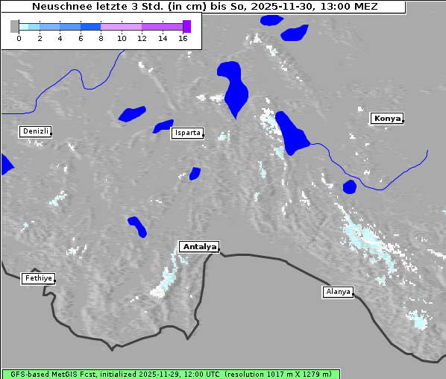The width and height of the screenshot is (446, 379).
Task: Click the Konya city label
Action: point(387,119)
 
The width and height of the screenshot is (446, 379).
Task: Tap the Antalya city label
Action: point(199,247)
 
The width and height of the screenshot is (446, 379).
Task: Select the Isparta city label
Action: point(186,134)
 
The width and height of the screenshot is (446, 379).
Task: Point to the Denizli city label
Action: point(35,131)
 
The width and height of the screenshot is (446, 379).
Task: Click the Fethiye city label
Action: point(37,278)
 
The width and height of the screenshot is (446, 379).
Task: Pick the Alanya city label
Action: point(337,292)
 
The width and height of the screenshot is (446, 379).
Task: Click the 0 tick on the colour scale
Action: point(19,38)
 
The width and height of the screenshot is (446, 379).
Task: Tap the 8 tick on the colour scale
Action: point(101,38)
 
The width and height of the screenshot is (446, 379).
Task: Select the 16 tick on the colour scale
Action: point(183,38)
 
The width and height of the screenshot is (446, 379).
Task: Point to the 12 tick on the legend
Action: point(142,38)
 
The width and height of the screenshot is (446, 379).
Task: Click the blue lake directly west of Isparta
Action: point(163,126)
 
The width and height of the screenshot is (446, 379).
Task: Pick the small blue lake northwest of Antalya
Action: point(137,226)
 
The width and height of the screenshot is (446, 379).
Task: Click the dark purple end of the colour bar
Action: point(186,26)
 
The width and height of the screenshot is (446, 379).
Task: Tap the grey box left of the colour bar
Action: point(15,26)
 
